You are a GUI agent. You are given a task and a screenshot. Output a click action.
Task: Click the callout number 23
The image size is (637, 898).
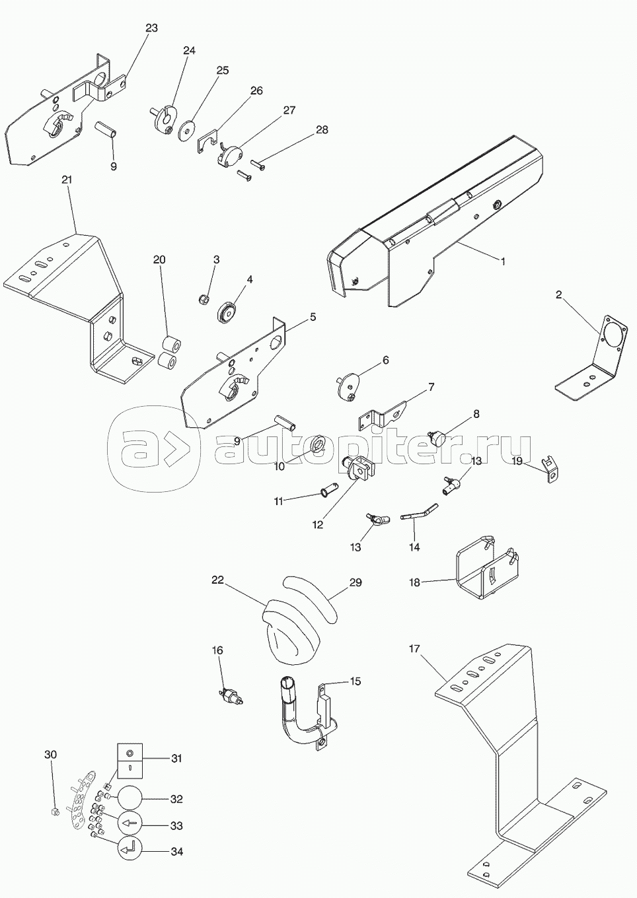point(152,28)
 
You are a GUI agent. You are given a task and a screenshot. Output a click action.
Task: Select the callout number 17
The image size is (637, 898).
point(414,649)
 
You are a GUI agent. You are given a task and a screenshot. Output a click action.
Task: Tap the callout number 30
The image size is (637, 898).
point(51,755)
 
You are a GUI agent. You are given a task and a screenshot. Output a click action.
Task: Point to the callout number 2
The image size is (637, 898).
point(559,295)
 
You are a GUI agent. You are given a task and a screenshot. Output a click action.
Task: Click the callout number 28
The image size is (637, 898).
point(321,130)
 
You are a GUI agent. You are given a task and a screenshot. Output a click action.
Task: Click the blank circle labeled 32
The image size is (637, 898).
point(130,798)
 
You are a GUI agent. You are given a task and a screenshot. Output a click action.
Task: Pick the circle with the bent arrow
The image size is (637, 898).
point(130,850)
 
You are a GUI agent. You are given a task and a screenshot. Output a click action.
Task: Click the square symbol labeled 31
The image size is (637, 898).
point(130,759)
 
